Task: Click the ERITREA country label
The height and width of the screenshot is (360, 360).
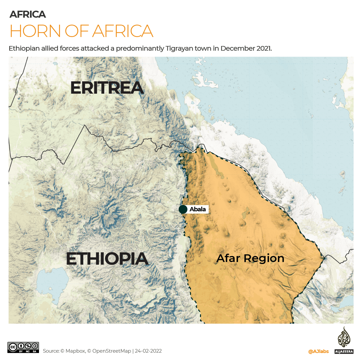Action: coord(107,88)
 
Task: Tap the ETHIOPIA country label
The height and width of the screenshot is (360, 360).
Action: coord(107,259)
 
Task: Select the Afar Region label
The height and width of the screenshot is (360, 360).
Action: coord(250,258)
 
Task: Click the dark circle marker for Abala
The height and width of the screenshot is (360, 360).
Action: coord(183,209)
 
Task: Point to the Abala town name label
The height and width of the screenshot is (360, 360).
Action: coord(198,209)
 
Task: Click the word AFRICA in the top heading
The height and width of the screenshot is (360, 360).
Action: coord(28,14)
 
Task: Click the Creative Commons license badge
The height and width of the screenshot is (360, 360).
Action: coord(23,347)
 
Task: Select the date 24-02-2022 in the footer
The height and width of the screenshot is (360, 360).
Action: coord(148,351)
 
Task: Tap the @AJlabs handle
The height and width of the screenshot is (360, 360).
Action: coord(318,351)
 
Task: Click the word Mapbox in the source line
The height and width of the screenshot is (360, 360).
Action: coord(75,351)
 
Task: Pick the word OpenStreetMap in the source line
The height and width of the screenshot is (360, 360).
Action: coord(111,351)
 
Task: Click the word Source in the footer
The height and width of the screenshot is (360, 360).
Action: coord(51,351)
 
